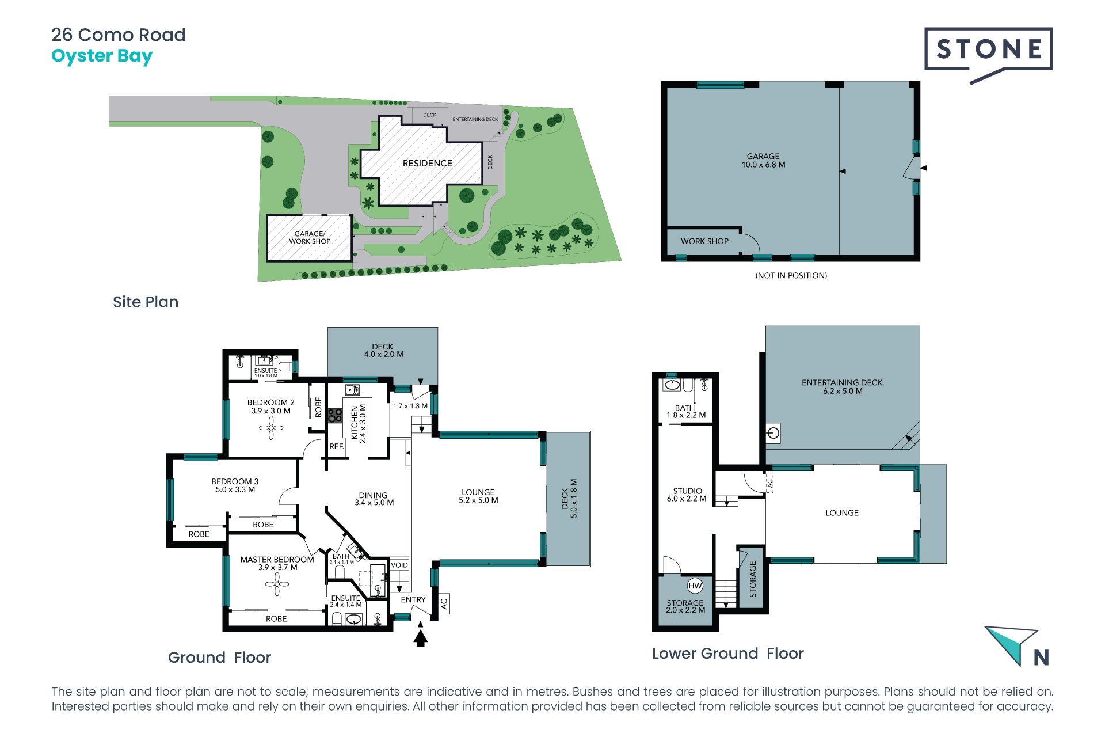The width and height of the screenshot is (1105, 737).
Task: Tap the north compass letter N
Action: click(x=1041, y=658)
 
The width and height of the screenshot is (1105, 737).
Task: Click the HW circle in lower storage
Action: click(x=695, y=586)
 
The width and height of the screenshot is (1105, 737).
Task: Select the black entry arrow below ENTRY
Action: click(x=421, y=638)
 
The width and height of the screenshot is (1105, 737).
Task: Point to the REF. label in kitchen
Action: click(x=337, y=446)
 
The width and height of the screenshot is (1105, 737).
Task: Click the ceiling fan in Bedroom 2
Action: click(x=271, y=428)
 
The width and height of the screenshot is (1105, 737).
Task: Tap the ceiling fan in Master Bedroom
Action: click(x=277, y=584)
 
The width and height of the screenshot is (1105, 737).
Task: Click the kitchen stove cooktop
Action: click(x=335, y=415)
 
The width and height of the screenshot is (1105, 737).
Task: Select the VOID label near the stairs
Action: click(x=399, y=565)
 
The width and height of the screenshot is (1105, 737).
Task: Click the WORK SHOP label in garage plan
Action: click(x=704, y=241)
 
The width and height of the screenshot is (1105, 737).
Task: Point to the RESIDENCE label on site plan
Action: click(x=428, y=164)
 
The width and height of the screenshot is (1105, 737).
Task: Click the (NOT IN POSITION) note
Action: click(x=791, y=276)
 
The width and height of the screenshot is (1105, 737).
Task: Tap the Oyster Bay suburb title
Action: click(x=102, y=56)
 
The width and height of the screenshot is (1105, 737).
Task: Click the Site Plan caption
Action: click(x=146, y=302)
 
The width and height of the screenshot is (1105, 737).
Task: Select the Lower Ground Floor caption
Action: click(x=728, y=654)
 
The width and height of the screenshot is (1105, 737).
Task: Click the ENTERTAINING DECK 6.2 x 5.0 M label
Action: click(x=842, y=387)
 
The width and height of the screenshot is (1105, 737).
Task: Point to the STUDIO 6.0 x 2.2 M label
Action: click(x=687, y=495)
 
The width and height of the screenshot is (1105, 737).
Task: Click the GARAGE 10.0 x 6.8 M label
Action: click(x=763, y=161)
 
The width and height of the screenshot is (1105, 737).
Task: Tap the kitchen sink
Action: click(x=352, y=390)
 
